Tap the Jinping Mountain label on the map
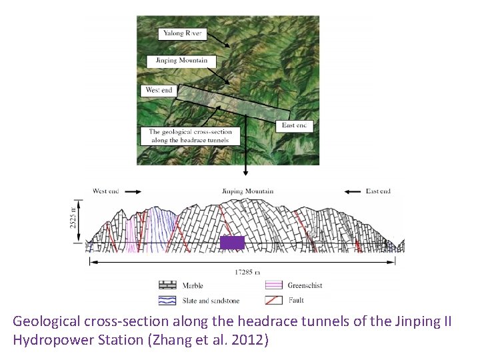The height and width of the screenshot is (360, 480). point(181,61)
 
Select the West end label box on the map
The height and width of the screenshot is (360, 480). point(159,90)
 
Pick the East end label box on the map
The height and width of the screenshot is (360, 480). point(294,125)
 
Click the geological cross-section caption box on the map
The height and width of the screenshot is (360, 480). point(190,136)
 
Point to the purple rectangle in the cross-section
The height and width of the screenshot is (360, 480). point(232,243)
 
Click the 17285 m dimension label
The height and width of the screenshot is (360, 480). point(247,272)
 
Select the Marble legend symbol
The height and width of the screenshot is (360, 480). point(169,286)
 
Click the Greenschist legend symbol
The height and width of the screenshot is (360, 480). point(277,286)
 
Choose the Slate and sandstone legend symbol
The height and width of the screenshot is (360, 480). point(169,301)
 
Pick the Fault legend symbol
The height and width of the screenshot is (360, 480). point(277,301)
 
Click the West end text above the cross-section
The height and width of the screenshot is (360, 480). point(105,191)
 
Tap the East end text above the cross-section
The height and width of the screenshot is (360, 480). point(378,191)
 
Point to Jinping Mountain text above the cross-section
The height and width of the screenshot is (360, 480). point(247,192)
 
